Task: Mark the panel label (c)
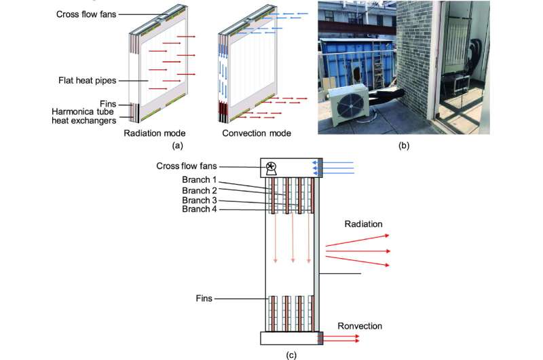click(x=293, y=354)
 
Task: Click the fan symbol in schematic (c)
click(x=271, y=167)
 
